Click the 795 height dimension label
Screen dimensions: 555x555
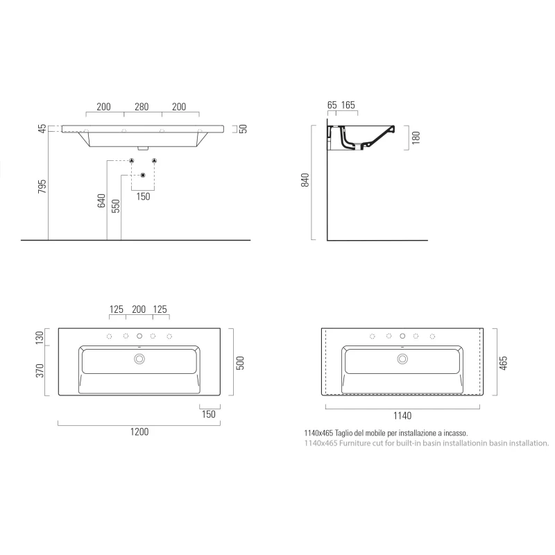tap(42, 187)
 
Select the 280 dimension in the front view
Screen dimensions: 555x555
tap(142, 107)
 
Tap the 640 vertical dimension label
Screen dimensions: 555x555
tap(101, 200)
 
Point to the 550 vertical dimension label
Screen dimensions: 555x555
tap(116, 206)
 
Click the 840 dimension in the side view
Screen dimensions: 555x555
tap(305, 180)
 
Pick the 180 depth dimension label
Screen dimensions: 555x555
tap(416, 137)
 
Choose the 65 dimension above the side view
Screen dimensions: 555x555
tap(332, 105)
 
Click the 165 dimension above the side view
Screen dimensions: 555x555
tap(348, 105)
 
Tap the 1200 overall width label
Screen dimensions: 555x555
tap(139, 432)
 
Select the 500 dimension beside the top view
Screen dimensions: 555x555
tap(240, 363)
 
